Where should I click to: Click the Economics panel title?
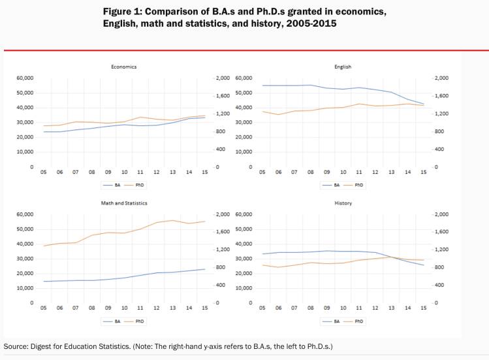pos(124,67)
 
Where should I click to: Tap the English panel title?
pos(343,67)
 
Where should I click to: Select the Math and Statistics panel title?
pos(124,203)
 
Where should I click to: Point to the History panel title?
pos(343,203)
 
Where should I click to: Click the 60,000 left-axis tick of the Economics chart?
pos(25,78)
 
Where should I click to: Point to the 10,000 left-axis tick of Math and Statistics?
pos(25,288)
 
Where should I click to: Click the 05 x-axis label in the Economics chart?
pos(44,172)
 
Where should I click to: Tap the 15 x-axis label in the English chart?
pos(423,172)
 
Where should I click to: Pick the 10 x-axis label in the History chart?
pos(343,308)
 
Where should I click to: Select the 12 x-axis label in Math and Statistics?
pos(157,308)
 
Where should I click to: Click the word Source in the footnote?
pos(16,346)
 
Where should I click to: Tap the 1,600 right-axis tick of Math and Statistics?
pos(223,232)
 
